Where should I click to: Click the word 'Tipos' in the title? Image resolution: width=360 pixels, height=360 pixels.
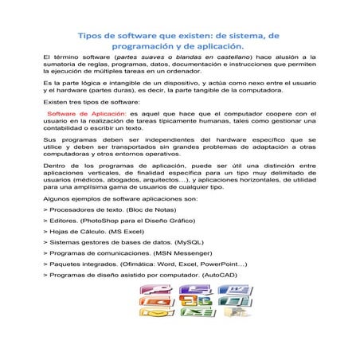point(92,36)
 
